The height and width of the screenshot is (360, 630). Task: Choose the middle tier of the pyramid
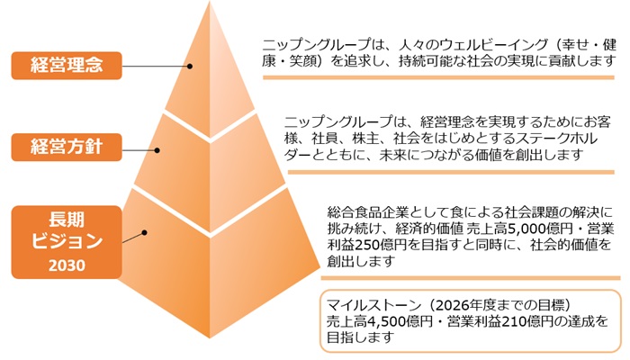(202, 153)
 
